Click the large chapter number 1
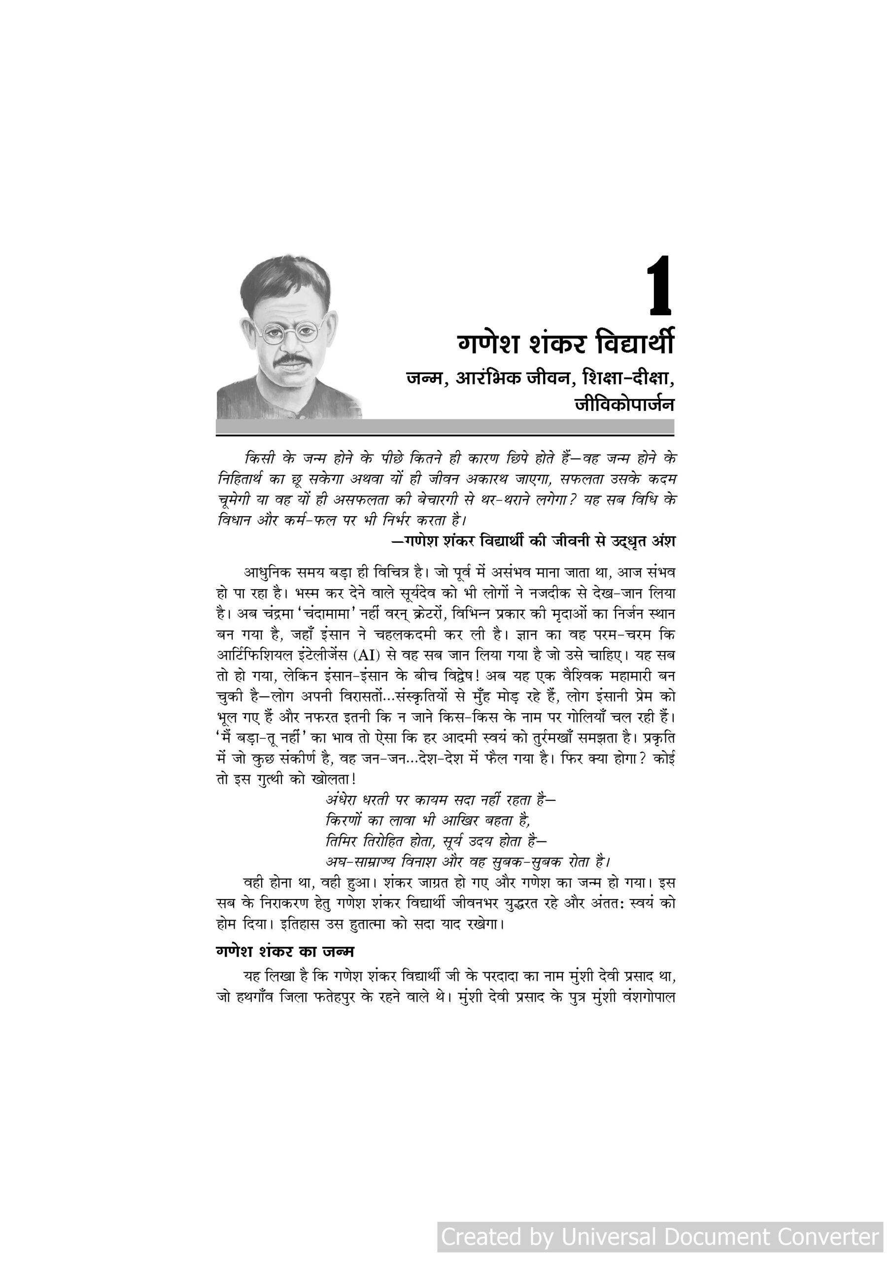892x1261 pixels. pyautogui.click(x=659, y=286)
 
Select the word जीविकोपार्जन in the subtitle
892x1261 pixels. pyautogui.click(x=624, y=404)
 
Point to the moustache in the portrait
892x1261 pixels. pyautogui.click(x=290, y=359)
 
